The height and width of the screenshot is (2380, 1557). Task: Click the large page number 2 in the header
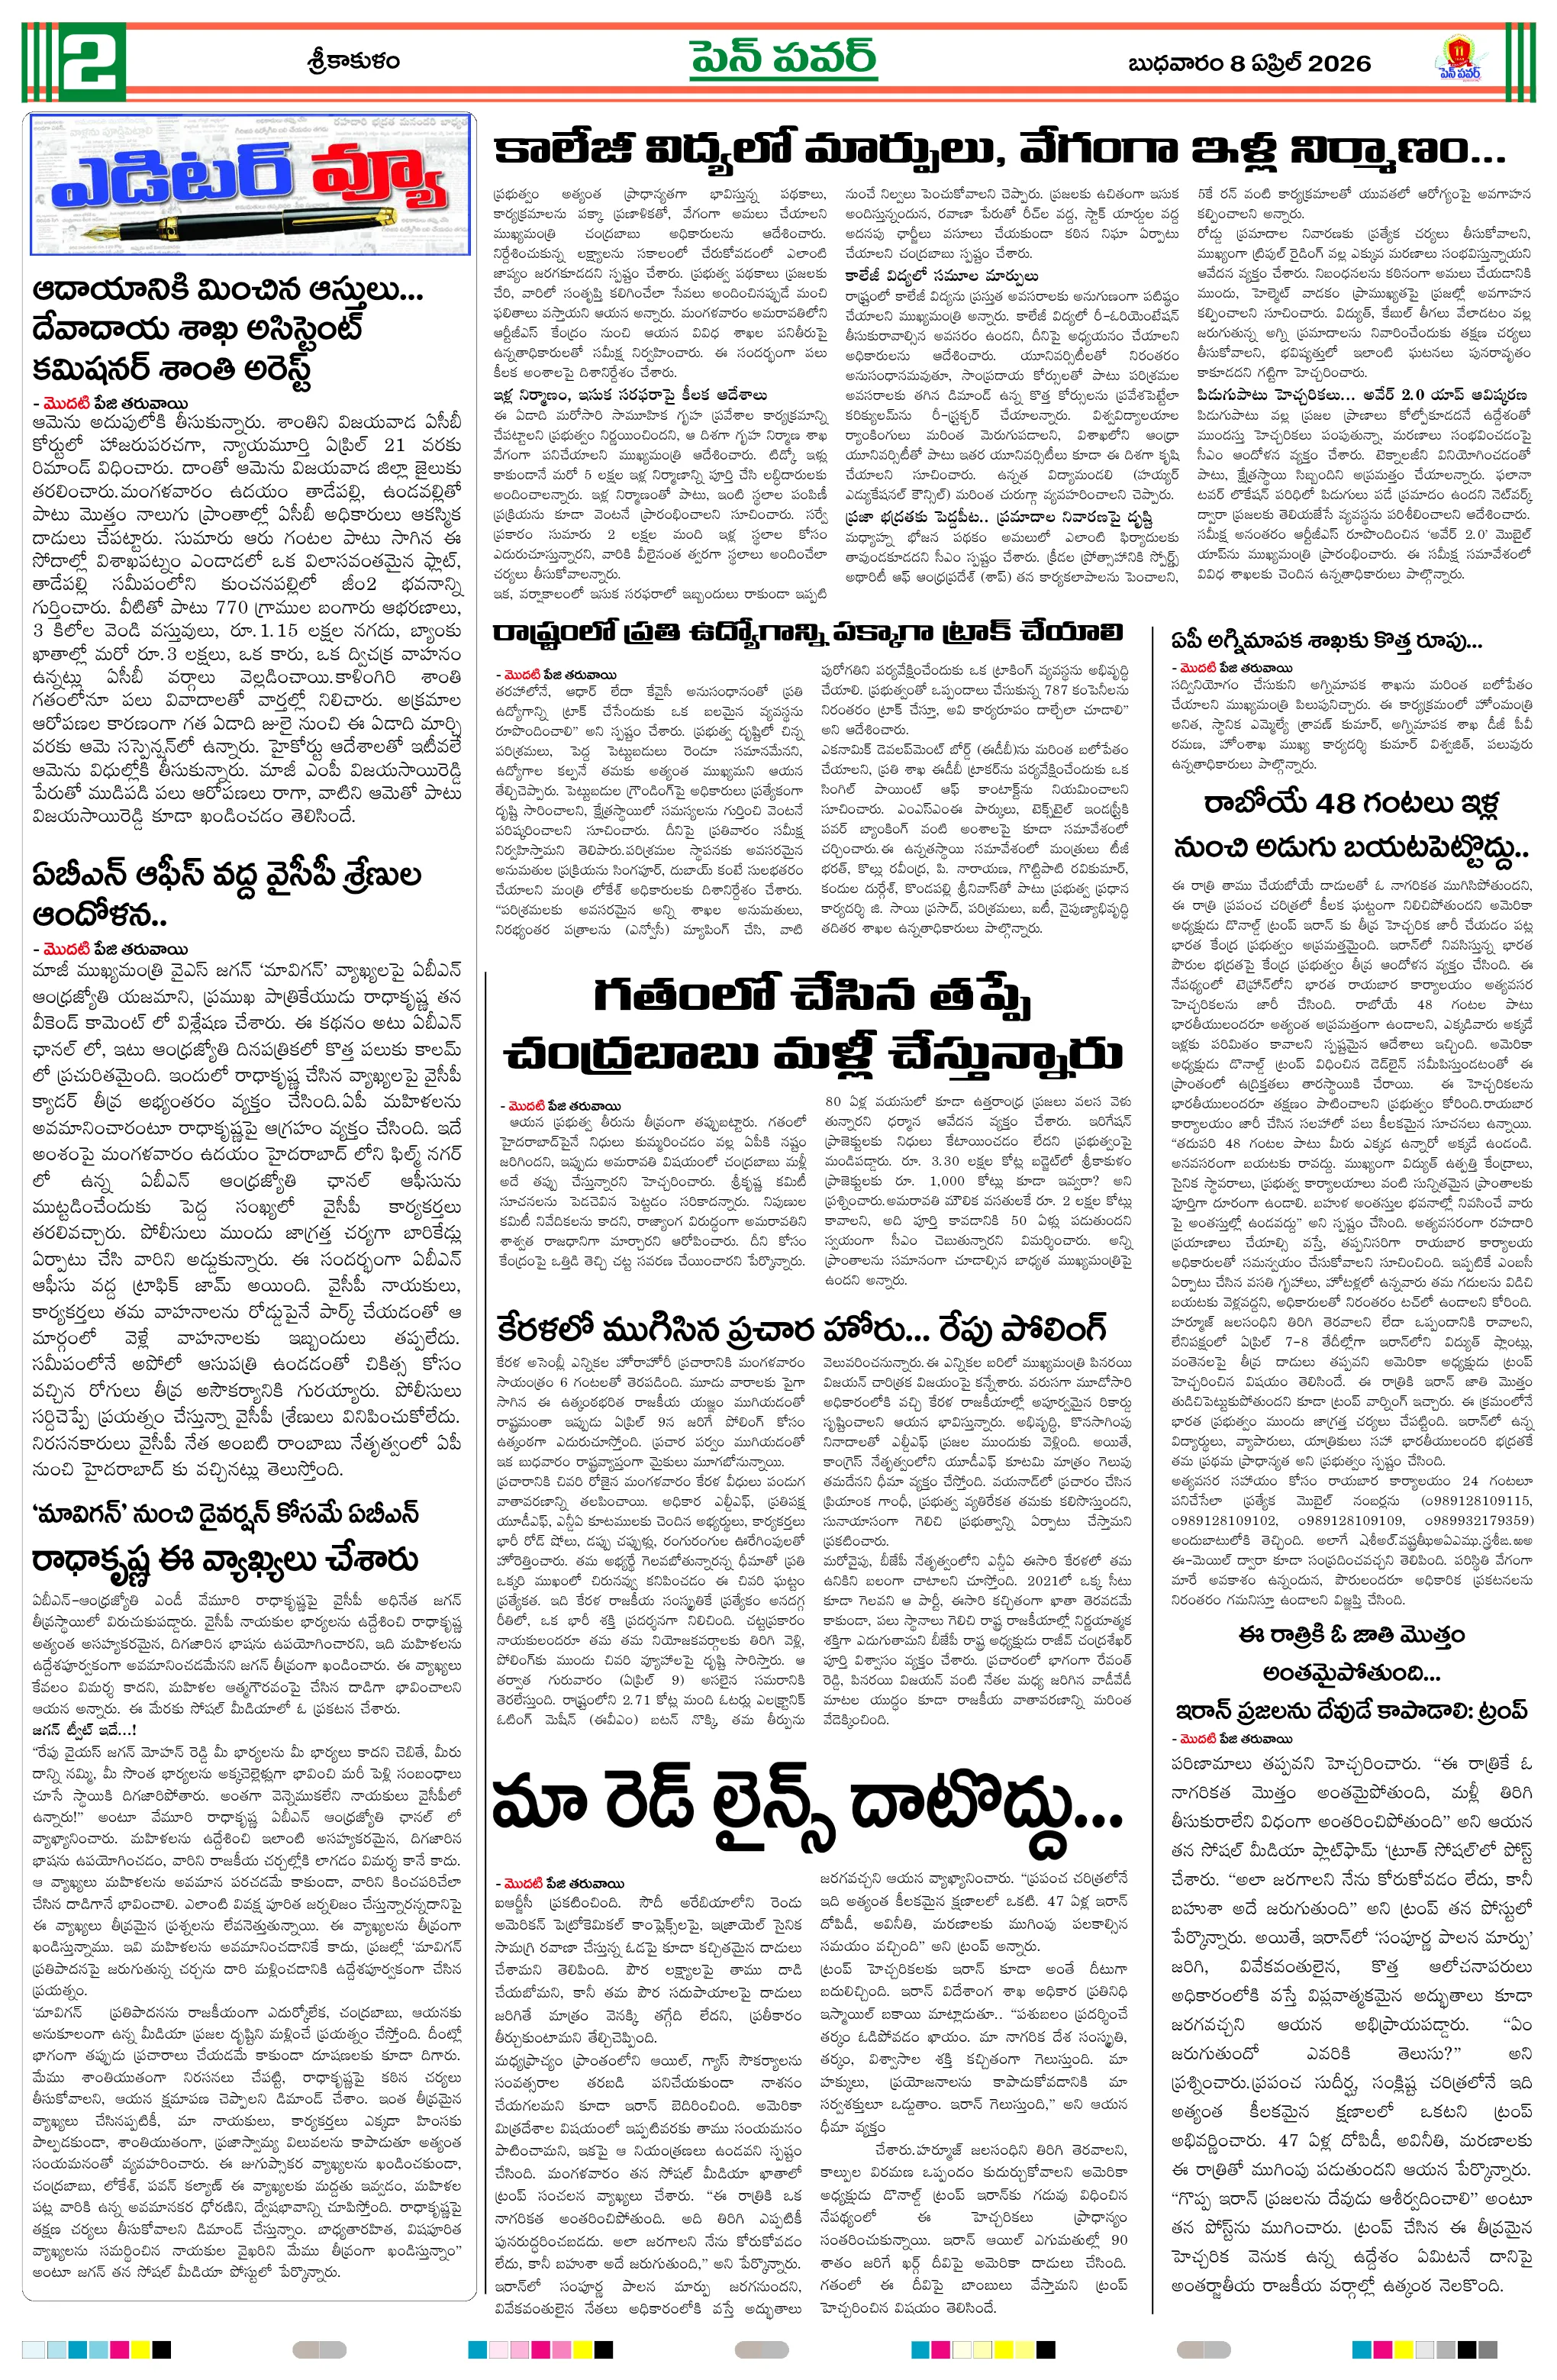pos(92,62)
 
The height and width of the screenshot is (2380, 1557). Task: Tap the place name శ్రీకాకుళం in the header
pos(353,62)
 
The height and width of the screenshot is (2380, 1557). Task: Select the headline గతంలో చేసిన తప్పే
pos(812,996)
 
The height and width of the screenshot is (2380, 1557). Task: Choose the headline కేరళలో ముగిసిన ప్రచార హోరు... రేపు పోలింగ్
pos(800,1329)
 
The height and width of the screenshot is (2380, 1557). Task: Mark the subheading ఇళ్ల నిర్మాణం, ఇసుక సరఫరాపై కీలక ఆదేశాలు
pos(630,394)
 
